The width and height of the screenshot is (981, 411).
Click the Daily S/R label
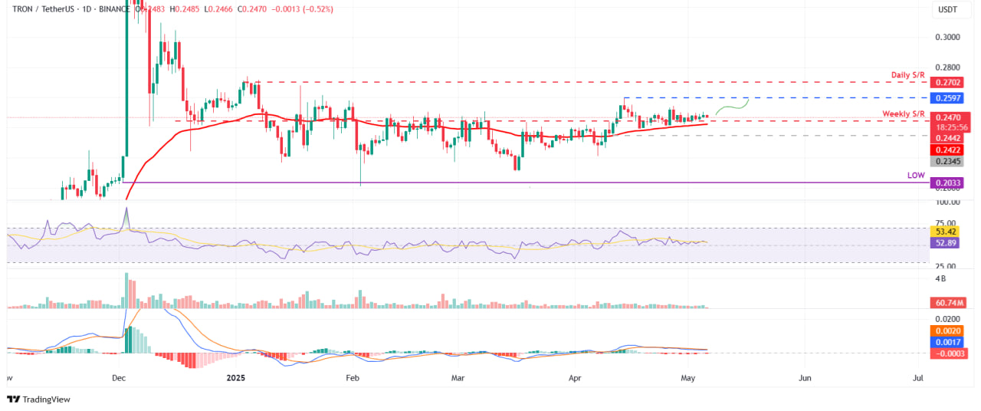pyautogui.click(x=907, y=74)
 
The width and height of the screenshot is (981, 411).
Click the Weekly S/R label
pyautogui.click(x=904, y=113)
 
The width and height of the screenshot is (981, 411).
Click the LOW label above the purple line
pyautogui.click(x=916, y=176)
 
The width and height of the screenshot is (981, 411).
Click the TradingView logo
pyautogui.click(x=38, y=399)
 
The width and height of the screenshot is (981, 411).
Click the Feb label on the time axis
pyautogui.click(x=353, y=378)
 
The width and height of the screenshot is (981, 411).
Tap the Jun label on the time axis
pyautogui.click(x=805, y=378)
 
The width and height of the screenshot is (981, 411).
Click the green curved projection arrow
pyautogui.click(x=732, y=107)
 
